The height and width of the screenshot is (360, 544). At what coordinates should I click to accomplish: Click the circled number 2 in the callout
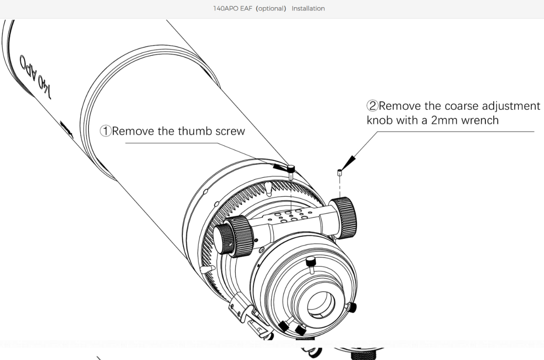[x=373, y=106]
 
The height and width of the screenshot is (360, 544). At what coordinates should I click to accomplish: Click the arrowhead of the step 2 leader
[x=348, y=161]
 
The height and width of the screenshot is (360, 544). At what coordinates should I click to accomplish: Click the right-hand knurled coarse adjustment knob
[x=346, y=213]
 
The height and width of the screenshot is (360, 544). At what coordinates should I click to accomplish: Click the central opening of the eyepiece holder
[x=321, y=304]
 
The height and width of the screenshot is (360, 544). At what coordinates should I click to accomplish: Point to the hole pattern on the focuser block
[x=289, y=217]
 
